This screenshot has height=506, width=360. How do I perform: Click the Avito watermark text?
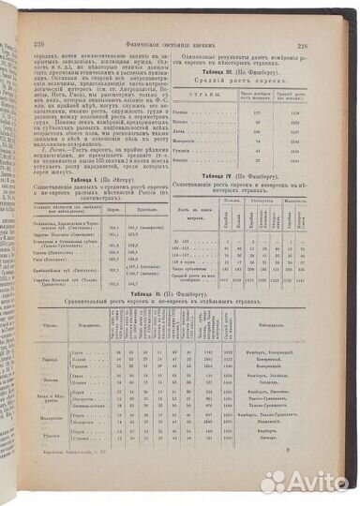[310, 482]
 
